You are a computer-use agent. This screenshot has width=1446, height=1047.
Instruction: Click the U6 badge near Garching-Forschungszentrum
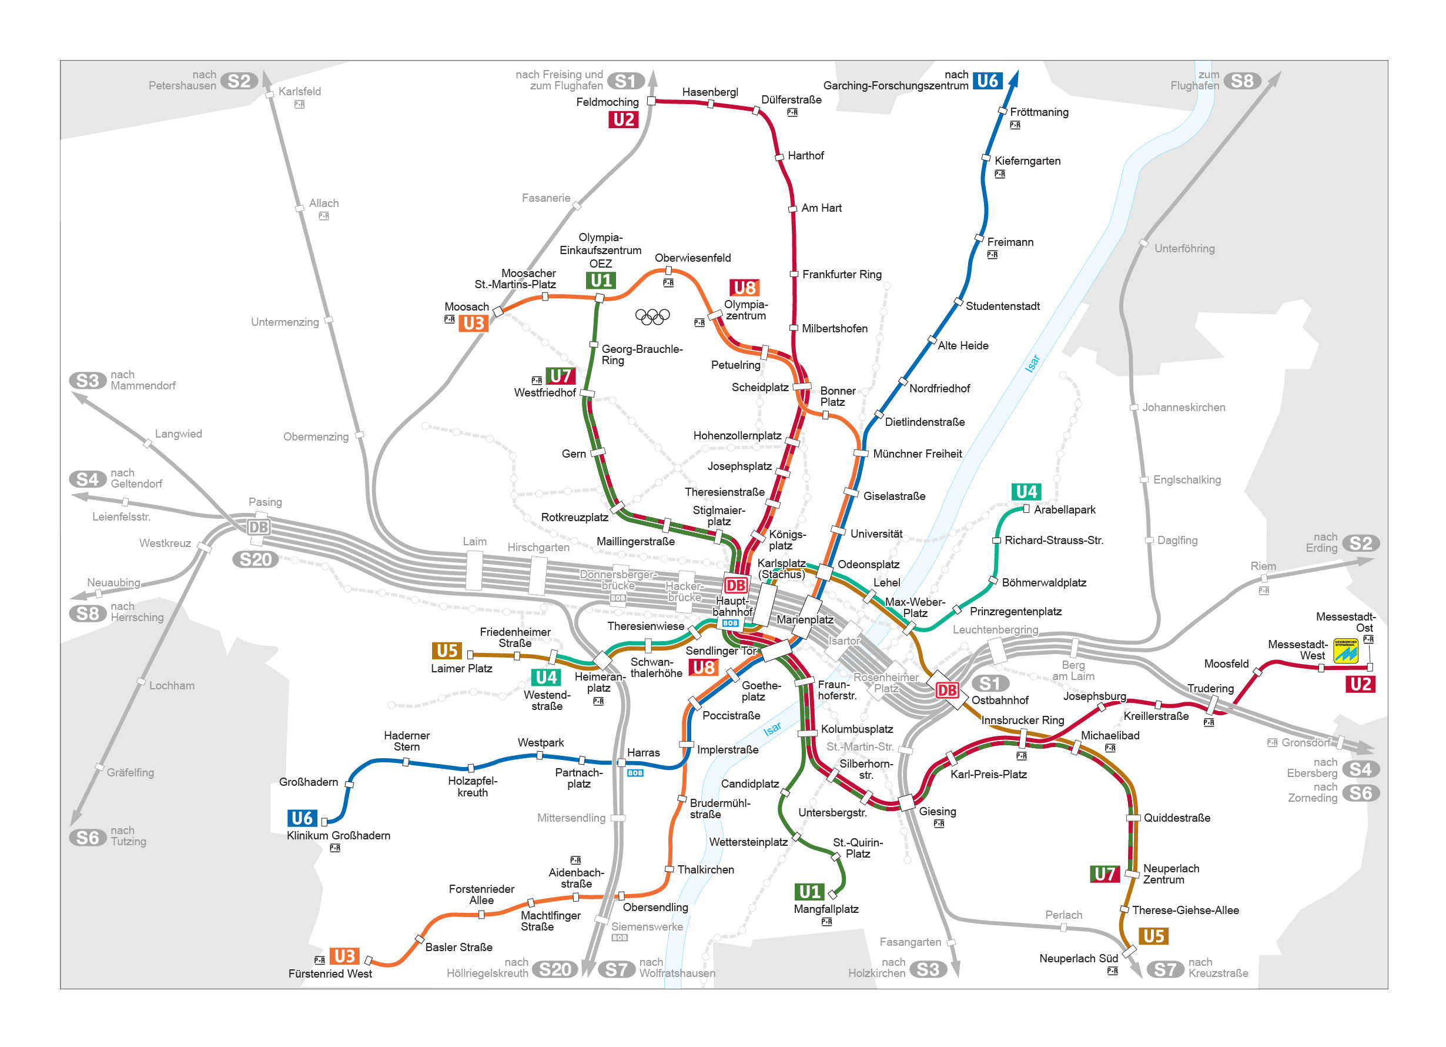click(987, 81)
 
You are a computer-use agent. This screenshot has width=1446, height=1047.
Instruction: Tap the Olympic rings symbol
click(652, 316)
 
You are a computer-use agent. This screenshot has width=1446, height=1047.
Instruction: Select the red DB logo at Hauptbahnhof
click(735, 585)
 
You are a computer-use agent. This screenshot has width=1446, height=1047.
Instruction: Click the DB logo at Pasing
click(258, 527)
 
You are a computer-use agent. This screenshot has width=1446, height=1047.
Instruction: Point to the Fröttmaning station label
click(1039, 112)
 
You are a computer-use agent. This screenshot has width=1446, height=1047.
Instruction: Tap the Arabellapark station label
click(1064, 510)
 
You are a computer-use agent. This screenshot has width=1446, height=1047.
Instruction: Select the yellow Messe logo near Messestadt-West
click(1345, 651)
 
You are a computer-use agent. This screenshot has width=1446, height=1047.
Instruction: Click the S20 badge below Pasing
click(255, 559)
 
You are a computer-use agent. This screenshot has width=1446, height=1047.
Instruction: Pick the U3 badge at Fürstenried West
click(344, 956)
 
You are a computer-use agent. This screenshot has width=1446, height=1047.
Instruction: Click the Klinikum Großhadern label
click(338, 835)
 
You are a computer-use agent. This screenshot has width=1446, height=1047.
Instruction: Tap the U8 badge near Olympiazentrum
click(744, 288)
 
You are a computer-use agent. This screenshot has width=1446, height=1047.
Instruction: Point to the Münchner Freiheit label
click(917, 454)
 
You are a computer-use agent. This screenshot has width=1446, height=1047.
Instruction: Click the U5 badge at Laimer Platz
click(447, 651)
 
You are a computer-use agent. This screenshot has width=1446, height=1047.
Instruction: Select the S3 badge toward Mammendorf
click(88, 381)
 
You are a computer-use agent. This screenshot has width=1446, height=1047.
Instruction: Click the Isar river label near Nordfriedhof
click(1032, 364)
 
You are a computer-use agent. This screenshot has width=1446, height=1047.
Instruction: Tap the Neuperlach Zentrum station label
click(1170, 874)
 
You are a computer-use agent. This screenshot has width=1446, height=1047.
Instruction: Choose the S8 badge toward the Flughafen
click(1241, 81)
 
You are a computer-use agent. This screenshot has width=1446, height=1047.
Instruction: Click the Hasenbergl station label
click(709, 92)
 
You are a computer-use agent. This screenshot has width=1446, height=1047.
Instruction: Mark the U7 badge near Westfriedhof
click(560, 376)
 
